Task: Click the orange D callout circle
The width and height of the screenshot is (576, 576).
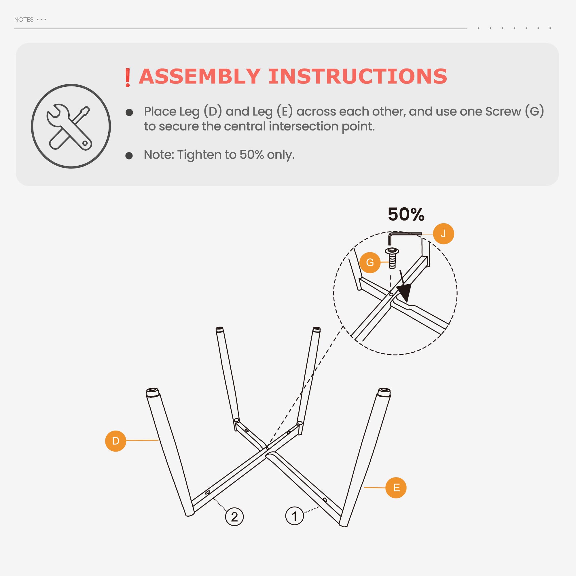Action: (116, 441)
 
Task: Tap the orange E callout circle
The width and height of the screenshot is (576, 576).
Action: (396, 488)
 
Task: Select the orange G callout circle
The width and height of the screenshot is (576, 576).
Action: (370, 262)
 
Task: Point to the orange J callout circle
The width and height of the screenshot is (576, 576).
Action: (443, 234)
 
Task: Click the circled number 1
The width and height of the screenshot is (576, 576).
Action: (295, 516)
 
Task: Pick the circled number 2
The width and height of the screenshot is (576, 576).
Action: (234, 517)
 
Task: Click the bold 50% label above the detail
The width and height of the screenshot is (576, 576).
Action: (406, 214)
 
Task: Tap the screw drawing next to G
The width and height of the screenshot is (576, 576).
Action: (392, 258)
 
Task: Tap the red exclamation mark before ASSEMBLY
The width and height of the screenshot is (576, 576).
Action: (128, 77)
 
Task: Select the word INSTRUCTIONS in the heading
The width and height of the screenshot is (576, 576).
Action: (358, 76)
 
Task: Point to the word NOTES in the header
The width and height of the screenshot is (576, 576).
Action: (24, 20)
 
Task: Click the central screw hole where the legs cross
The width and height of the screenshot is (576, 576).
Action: (267, 448)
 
